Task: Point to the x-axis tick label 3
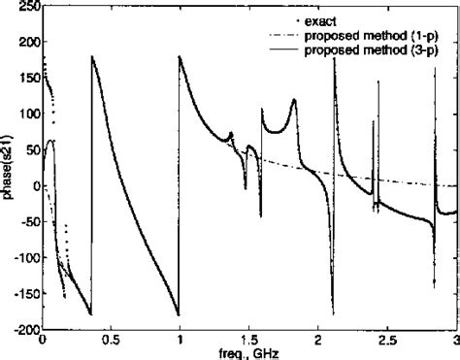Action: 455,342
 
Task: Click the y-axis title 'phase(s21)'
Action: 8,168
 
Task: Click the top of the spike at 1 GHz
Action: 181,56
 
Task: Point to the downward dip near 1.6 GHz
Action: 260,215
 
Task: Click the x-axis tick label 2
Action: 318,342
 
